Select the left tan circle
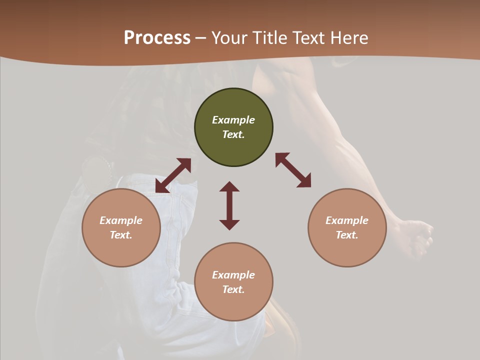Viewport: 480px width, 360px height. point(121,227)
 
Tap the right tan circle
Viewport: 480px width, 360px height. point(347,227)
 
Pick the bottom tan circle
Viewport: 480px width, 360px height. point(233,282)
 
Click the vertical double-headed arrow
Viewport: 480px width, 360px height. point(229,205)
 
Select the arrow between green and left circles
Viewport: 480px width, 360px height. point(173,175)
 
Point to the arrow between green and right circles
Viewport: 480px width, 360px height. point(293,170)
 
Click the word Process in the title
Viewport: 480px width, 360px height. point(157,38)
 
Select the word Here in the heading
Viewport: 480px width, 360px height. point(349,38)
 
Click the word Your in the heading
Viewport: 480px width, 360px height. point(228,38)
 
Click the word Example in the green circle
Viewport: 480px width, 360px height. point(233,120)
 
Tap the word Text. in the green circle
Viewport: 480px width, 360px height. point(233,134)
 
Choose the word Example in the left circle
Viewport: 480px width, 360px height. point(121,220)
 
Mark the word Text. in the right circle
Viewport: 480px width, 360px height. point(347,235)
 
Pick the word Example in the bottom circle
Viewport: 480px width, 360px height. point(233,275)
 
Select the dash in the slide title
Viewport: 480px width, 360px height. point(201,38)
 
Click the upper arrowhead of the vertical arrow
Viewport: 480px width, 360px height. point(229,187)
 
